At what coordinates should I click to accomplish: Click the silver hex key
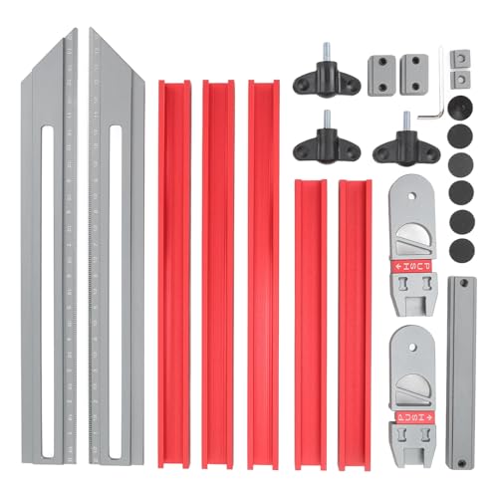pyautogui.click(x=430, y=100)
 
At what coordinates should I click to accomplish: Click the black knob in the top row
pyautogui.click(x=319, y=75)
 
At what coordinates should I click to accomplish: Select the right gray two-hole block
pyautogui.click(x=410, y=72)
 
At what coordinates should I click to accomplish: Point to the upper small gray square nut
pyautogui.click(x=458, y=58)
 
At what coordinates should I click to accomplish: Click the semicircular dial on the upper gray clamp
pyautogui.click(x=410, y=240)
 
